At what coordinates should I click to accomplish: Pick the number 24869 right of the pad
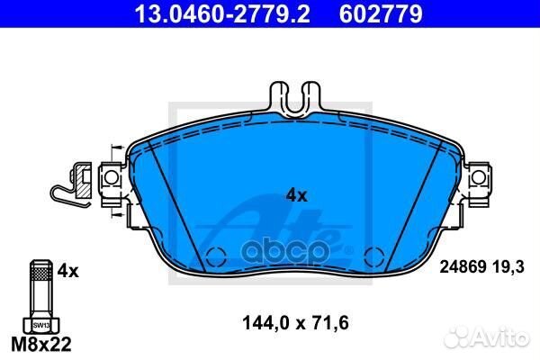click(463, 267)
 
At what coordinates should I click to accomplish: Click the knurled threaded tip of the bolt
click(39, 267)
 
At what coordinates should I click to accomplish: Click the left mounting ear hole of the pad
click(112, 179)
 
